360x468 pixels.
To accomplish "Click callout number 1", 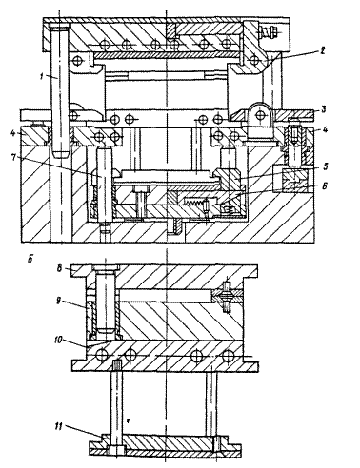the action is [42, 76].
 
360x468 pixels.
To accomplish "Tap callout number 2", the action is [322, 50].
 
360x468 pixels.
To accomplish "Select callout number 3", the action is [323, 110].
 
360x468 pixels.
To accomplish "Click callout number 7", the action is [13, 158].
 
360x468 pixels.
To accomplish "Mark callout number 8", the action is [59, 268].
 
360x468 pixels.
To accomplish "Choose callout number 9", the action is [59, 301].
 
